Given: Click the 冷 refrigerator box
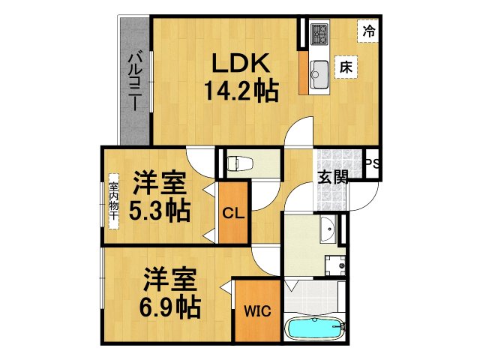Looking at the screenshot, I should pyautogui.click(x=368, y=31).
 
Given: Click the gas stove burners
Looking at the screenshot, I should pyautogui.click(x=320, y=34).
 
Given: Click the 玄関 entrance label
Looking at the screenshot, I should pyautogui.click(x=331, y=178).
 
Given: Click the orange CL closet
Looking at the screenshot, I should pyautogui.click(x=232, y=213).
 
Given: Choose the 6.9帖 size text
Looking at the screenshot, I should pyautogui.click(x=169, y=307).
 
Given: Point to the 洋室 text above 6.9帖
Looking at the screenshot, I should pyautogui.click(x=170, y=280).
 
